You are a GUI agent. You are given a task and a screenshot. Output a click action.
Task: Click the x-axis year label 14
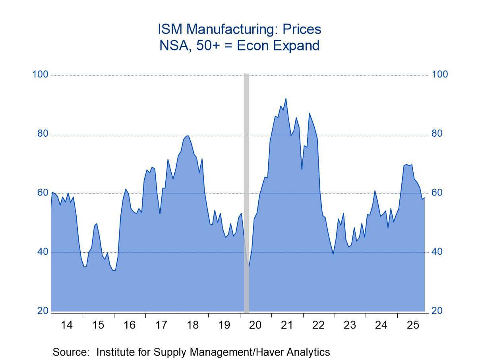tap(67, 325)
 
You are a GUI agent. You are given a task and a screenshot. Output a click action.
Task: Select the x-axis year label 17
tap(161, 325)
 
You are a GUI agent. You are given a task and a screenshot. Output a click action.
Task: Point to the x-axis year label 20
tap(255, 325)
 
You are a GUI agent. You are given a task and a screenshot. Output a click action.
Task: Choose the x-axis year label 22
tap(318, 325)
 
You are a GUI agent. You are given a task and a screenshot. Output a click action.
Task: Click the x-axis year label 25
tap(413, 325)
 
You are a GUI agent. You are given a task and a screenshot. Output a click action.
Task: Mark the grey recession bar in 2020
tap(246, 191)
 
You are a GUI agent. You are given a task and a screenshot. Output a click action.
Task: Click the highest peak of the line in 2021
tap(286, 99)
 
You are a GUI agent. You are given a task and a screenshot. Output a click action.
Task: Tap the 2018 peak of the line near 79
tap(188, 136)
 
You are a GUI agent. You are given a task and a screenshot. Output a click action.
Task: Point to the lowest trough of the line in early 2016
tap(114, 270)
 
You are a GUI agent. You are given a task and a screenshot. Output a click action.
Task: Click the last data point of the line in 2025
tap(425, 198)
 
